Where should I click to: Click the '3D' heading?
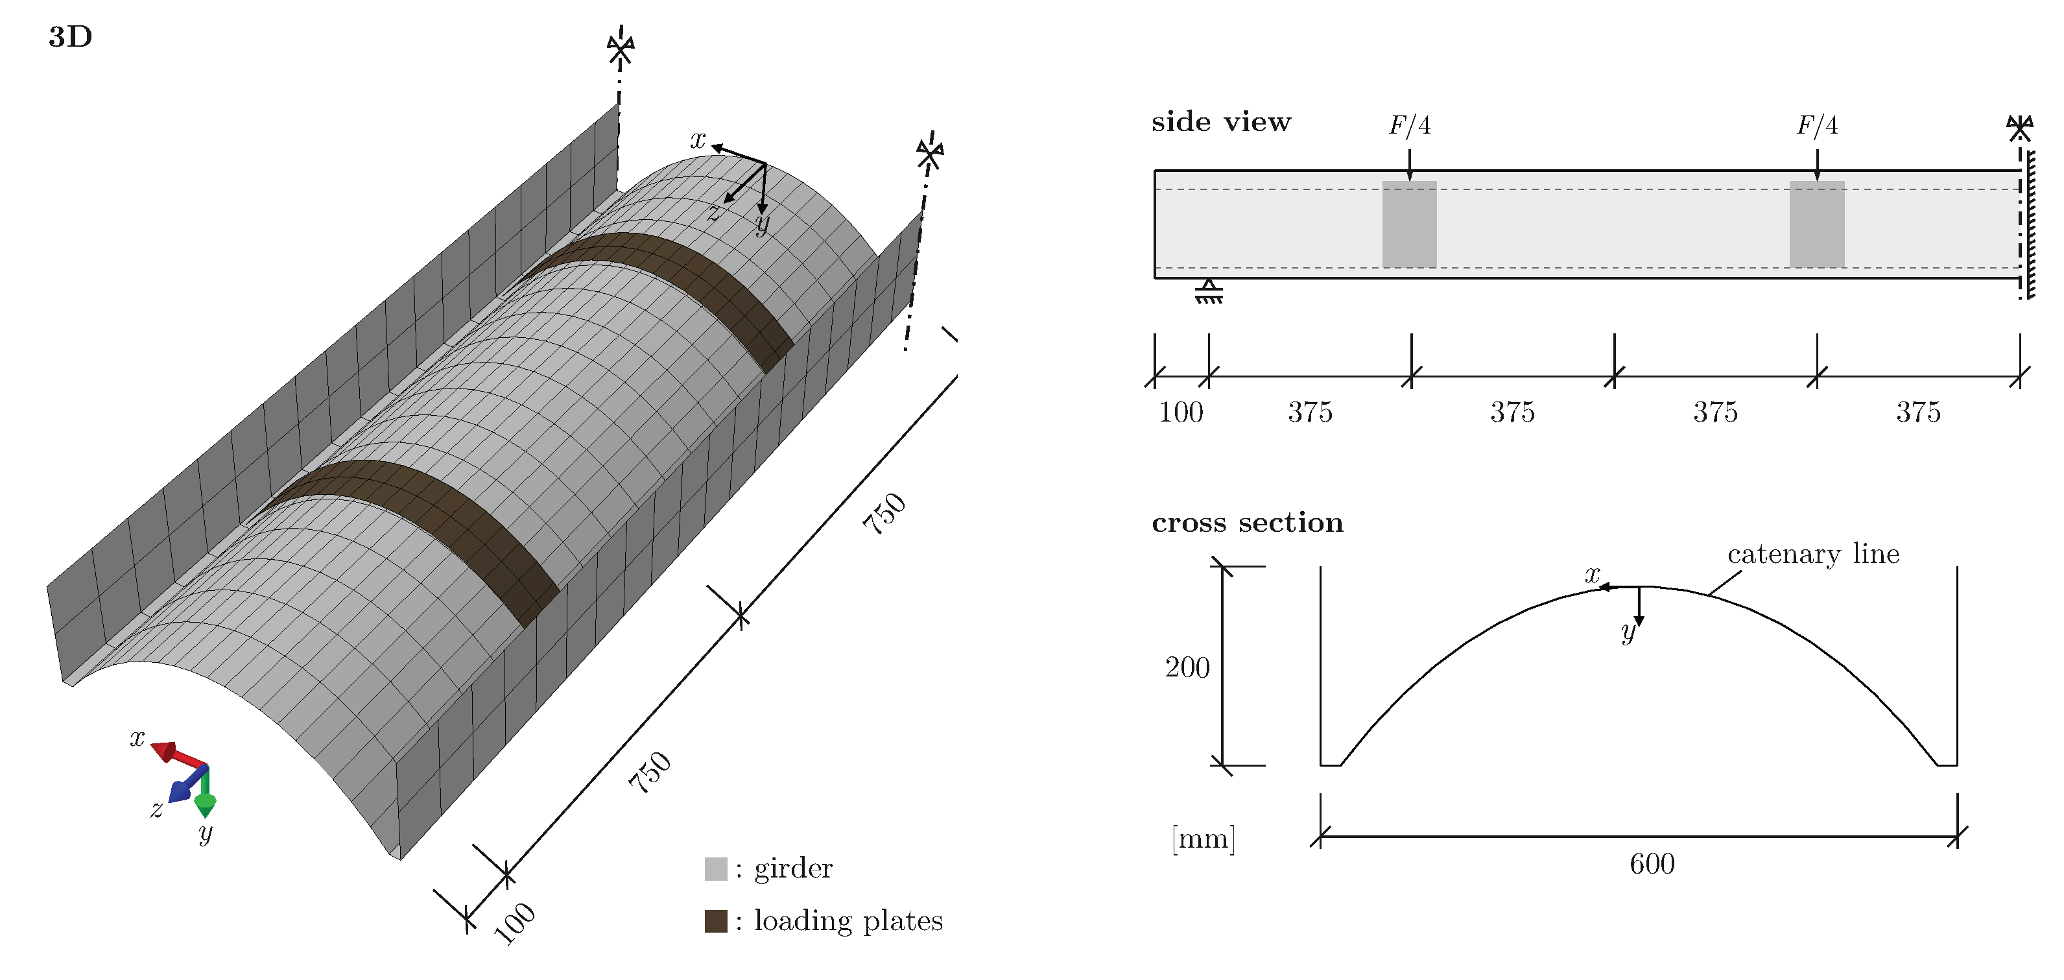[71, 37]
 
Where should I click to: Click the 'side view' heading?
[1220, 122]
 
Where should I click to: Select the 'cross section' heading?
[1247, 523]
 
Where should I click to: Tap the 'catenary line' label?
[1812, 554]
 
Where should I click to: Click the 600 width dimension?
[1652, 864]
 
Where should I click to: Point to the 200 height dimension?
[1187, 667]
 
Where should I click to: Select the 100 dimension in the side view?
[1180, 412]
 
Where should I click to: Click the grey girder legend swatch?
[715, 868]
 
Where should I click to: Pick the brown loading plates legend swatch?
[715, 921]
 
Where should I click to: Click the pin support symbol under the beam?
[1208, 292]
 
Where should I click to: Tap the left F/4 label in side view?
[1409, 125]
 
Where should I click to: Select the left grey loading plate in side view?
[1409, 224]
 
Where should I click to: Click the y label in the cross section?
[1628, 633]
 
